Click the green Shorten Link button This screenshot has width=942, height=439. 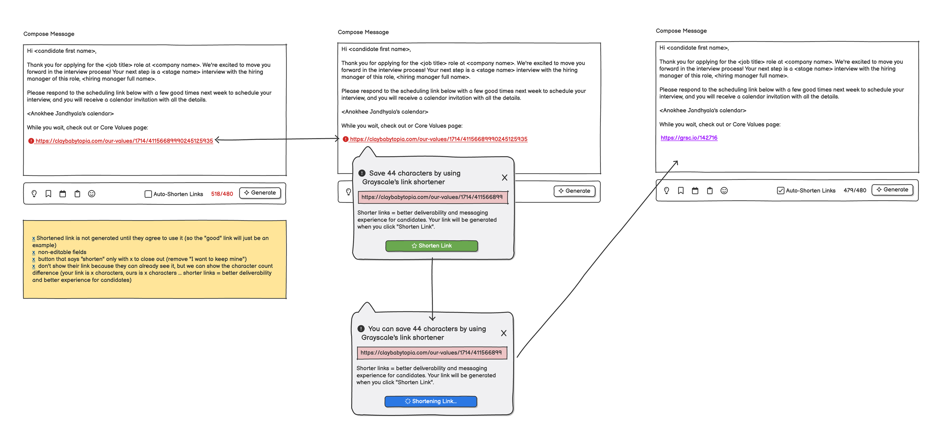[x=432, y=246]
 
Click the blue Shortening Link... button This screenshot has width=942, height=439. [x=431, y=401]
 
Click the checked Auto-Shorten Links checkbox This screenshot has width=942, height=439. [x=780, y=190]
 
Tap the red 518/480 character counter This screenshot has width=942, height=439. [x=222, y=194]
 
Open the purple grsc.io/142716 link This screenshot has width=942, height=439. [x=689, y=138]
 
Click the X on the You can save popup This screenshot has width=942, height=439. [x=504, y=333]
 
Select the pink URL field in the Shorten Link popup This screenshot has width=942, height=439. [x=433, y=197]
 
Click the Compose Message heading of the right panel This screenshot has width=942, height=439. [x=681, y=31]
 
